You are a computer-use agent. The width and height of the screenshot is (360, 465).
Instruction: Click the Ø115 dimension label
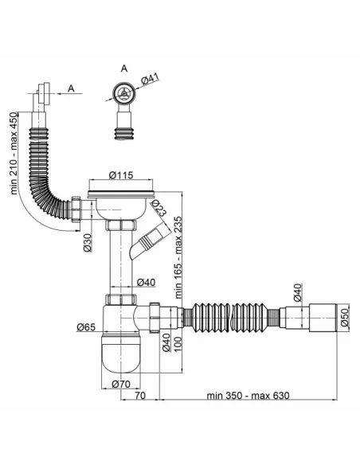click(121, 175)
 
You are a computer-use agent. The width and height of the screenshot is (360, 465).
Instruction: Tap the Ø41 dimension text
click(150, 78)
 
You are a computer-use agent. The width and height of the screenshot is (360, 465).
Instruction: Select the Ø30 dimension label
click(87, 243)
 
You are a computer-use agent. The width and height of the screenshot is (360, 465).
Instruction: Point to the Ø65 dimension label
click(86, 327)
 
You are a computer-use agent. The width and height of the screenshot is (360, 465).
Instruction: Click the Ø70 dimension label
click(121, 384)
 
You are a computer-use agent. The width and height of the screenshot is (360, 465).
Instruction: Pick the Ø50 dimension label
click(345, 318)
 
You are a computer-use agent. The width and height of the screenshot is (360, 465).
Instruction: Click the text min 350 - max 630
click(248, 395)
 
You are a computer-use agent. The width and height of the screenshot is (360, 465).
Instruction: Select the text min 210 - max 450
click(14, 154)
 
